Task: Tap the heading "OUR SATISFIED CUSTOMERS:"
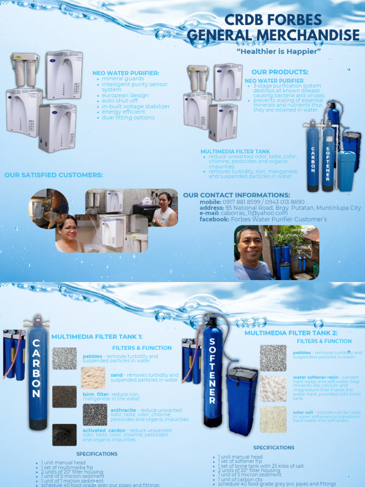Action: (54, 175)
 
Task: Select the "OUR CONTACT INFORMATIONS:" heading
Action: (236, 195)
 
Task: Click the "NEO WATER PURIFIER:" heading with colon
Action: (126, 73)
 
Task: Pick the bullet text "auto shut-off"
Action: (120, 101)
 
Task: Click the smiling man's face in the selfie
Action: (250, 245)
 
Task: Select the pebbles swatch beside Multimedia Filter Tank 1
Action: (64, 358)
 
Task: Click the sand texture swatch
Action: (93, 378)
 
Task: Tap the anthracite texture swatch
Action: (95, 414)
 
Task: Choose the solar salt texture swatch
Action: (273, 419)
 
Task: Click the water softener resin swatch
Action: (273, 389)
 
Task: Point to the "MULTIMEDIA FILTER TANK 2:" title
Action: (291, 333)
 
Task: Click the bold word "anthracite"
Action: (123, 410)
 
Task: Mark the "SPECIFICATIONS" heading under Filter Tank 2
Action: (274, 448)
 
